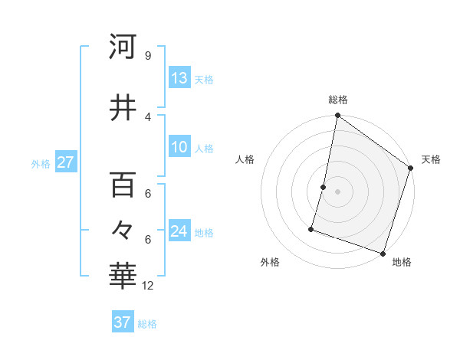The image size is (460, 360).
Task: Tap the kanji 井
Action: (x=123, y=107)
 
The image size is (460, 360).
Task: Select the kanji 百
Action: (x=123, y=185)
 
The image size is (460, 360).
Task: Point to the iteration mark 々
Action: (x=123, y=230)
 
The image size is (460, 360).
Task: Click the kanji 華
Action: (x=123, y=277)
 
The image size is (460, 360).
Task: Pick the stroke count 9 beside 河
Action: (x=147, y=56)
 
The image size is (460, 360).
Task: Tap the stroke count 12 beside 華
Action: (x=149, y=286)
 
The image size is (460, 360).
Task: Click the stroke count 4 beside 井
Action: (x=147, y=116)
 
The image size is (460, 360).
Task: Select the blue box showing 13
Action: (x=179, y=78)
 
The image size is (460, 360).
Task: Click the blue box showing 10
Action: (x=179, y=147)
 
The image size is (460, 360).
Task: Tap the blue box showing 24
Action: (x=179, y=231)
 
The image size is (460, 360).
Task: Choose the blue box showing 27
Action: (x=66, y=162)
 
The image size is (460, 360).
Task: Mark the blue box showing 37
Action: (x=123, y=322)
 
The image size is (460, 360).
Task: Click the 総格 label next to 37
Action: (x=147, y=324)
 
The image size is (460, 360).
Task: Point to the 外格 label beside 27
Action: (x=41, y=163)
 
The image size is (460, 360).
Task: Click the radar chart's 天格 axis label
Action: (x=431, y=159)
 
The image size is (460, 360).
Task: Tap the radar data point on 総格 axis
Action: (x=337, y=116)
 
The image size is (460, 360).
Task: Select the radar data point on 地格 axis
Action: (x=383, y=253)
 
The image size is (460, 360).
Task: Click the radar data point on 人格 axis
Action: (x=324, y=187)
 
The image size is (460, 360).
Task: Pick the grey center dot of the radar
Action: (x=337, y=191)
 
